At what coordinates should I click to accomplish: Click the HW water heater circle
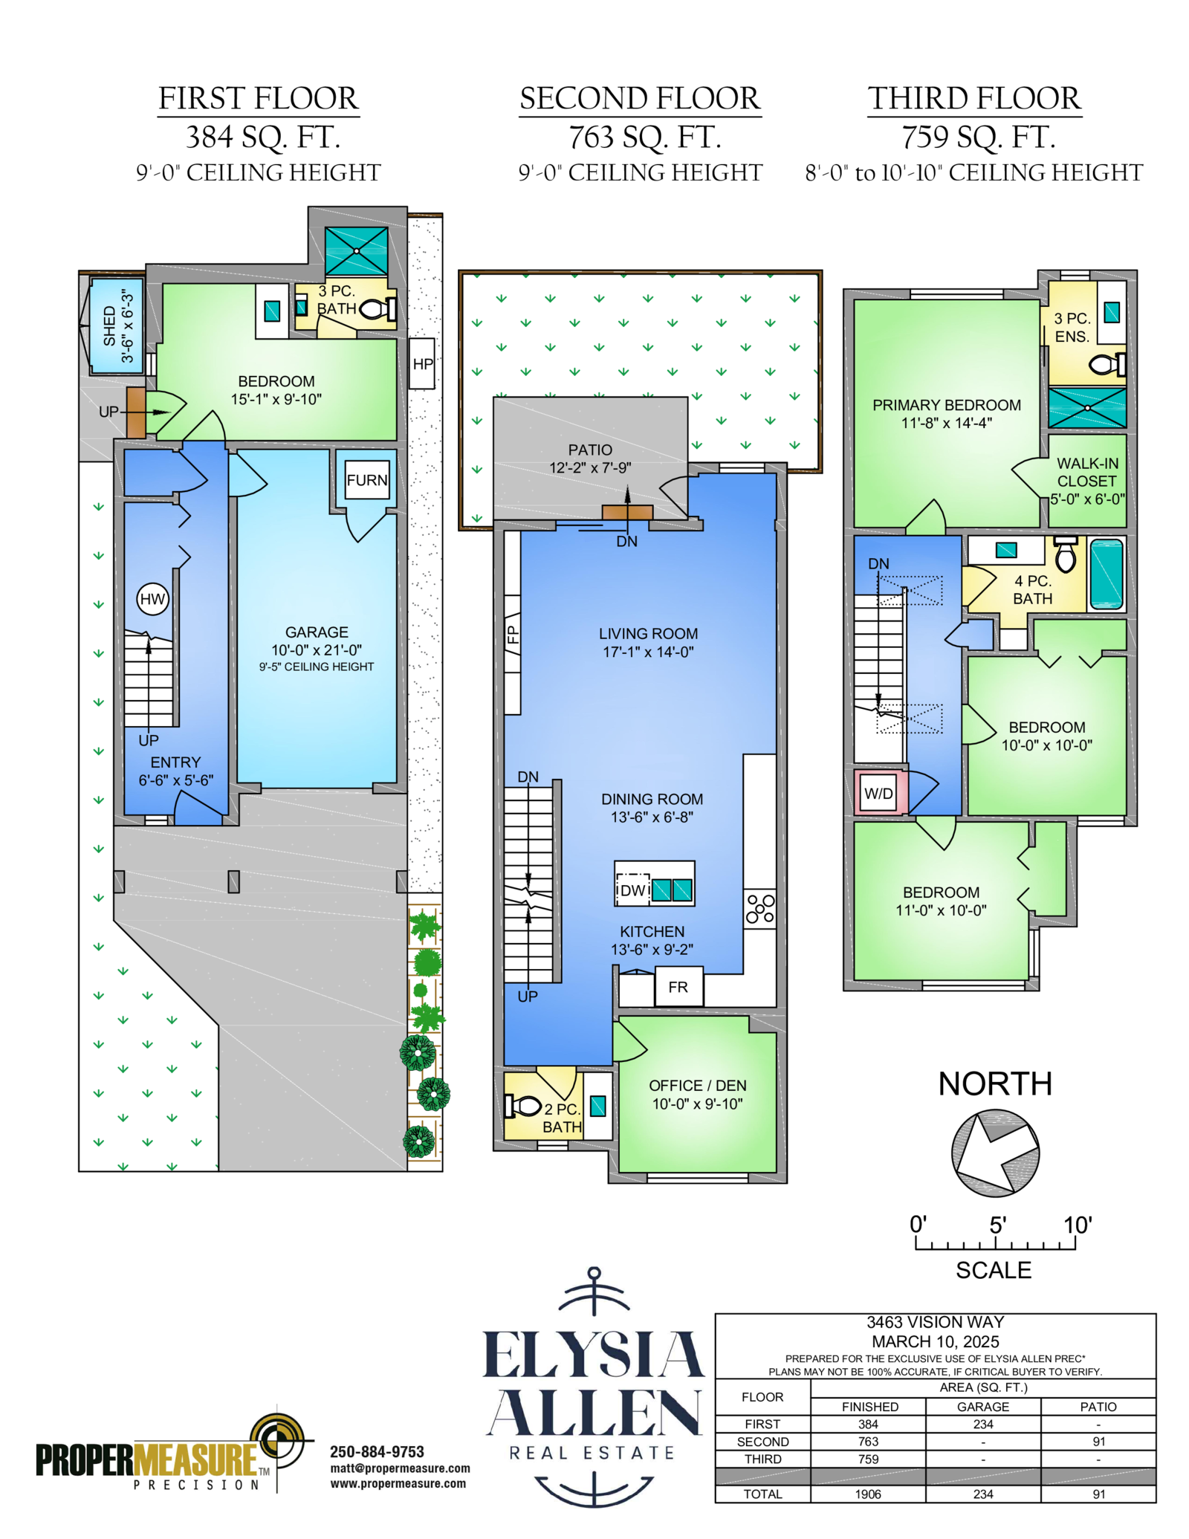point(152,599)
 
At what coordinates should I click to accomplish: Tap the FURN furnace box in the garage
point(367,480)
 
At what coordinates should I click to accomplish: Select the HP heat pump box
point(422,363)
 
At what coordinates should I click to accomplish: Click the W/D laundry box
point(878,793)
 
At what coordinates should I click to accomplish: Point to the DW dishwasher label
point(633,890)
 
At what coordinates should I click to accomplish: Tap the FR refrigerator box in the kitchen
point(678,987)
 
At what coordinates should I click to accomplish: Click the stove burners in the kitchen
point(760,908)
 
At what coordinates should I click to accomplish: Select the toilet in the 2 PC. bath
point(522,1106)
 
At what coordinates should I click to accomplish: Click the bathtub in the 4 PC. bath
point(1107,574)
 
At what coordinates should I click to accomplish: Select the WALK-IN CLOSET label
point(1087,472)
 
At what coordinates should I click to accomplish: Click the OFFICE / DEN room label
point(697,1086)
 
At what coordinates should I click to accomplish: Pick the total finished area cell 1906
point(868,1494)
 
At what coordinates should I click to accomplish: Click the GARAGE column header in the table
point(983,1407)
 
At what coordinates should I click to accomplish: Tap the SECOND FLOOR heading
point(640,98)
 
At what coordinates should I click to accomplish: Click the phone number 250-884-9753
point(377,1451)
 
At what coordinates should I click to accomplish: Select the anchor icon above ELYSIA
point(594,1291)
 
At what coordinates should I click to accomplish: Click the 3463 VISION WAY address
point(935,1322)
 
